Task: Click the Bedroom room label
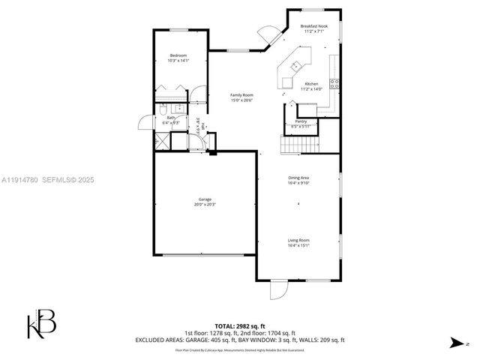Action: tap(178, 55)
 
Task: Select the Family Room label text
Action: tap(241, 95)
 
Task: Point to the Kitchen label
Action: tap(311, 84)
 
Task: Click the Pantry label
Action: tap(301, 121)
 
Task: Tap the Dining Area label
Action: tap(298, 178)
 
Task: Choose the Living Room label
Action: tap(298, 241)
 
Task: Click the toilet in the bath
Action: tap(161, 110)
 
